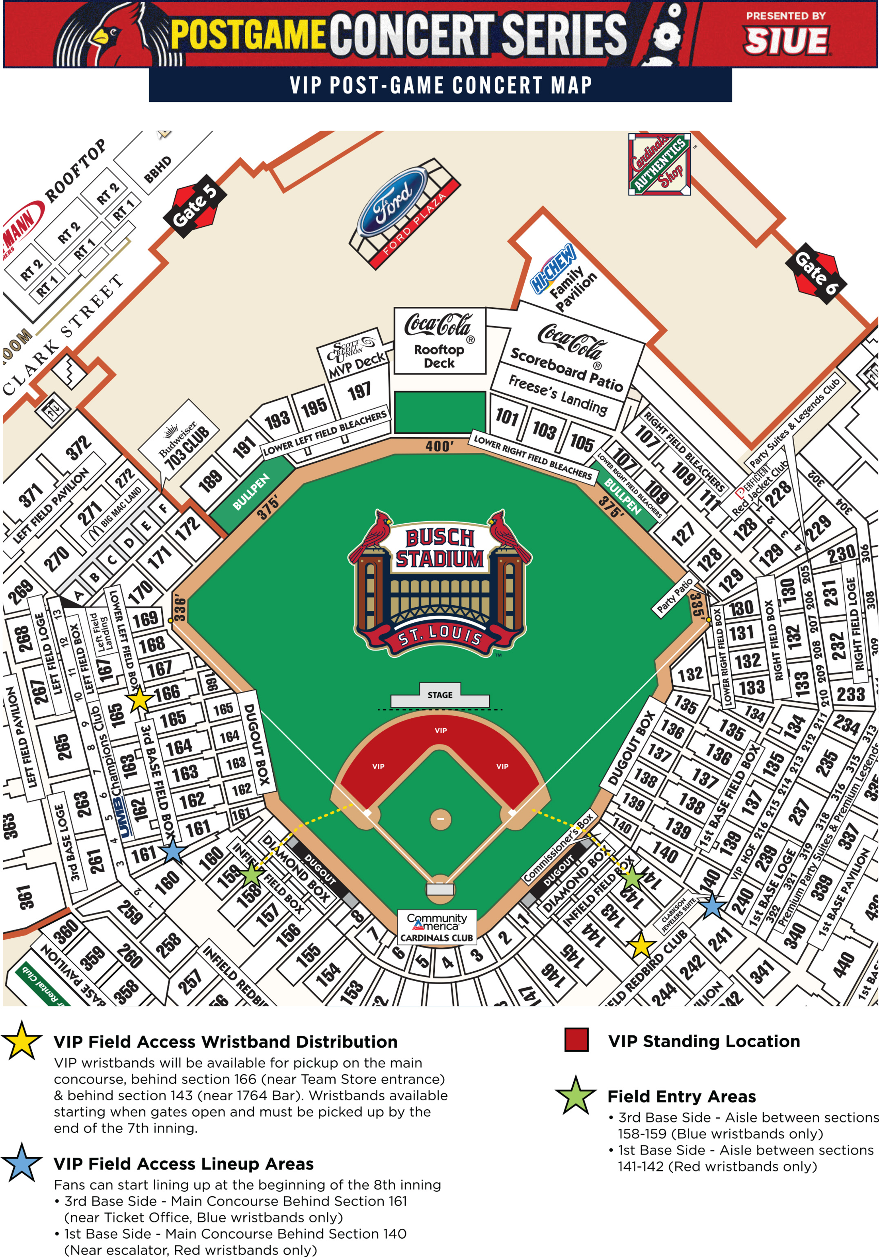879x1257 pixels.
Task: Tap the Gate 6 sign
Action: (x=816, y=273)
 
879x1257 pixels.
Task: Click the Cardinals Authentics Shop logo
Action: (x=659, y=164)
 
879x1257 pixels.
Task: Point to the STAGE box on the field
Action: (x=440, y=695)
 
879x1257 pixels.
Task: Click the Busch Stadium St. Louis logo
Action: (x=440, y=583)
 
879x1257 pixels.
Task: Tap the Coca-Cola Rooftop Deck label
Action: (x=440, y=341)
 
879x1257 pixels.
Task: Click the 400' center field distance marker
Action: (x=439, y=446)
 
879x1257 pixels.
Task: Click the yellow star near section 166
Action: (x=139, y=700)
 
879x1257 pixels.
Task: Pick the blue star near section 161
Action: (x=172, y=851)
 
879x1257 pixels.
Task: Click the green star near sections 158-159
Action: (x=251, y=874)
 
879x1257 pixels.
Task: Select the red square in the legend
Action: (x=576, y=1040)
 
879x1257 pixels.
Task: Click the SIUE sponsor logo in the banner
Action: (x=786, y=41)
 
